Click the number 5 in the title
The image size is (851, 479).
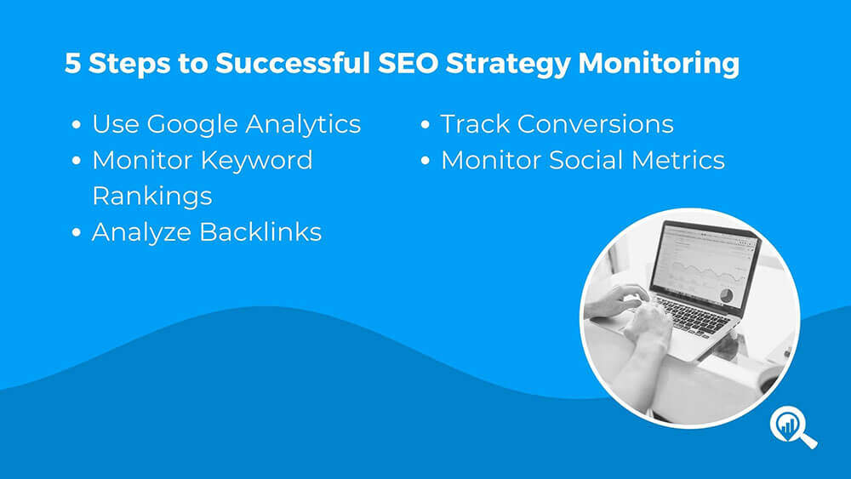pyautogui.click(x=72, y=63)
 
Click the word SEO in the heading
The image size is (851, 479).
pyautogui.click(x=408, y=63)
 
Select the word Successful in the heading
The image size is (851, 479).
pyautogui.click(x=293, y=63)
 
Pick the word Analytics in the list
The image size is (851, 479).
pyautogui.click(x=303, y=125)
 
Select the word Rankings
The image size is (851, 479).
pyautogui.click(x=152, y=197)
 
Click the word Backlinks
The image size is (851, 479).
pyautogui.click(x=260, y=231)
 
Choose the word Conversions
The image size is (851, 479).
pyautogui.click(x=596, y=124)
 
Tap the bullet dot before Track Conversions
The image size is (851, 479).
pyautogui.click(x=425, y=125)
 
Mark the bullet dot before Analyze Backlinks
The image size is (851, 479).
pyautogui.click(x=77, y=233)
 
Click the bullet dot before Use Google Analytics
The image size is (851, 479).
pyautogui.click(x=77, y=125)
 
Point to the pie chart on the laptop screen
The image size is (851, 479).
pyautogui.click(x=726, y=295)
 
